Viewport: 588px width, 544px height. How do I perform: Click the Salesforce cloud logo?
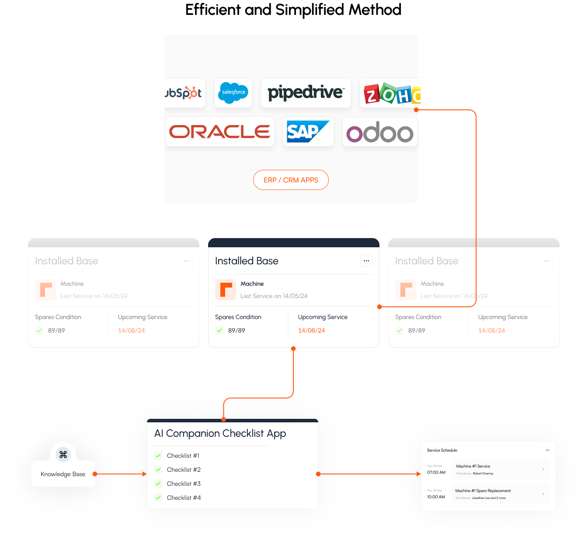coord(233,93)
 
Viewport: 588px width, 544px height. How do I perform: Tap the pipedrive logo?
coord(306,93)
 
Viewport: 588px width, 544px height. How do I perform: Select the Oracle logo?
coord(219,131)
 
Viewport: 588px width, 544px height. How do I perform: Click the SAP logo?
coord(308,131)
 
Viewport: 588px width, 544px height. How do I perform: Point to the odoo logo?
coord(379,132)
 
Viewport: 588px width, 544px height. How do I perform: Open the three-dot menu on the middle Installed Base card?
coord(366,261)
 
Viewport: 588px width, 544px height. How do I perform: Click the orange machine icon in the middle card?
coord(226,290)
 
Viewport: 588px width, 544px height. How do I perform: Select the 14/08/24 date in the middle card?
coord(311,330)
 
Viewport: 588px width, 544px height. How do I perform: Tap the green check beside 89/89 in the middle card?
coord(219,330)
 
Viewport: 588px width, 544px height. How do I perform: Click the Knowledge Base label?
coord(63,474)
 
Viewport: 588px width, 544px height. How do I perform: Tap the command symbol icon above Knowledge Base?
coord(63,455)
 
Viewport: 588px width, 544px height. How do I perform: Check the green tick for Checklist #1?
coord(158,456)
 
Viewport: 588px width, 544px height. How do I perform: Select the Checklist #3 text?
coord(184,484)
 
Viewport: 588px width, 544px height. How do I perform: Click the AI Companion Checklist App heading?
coord(220,433)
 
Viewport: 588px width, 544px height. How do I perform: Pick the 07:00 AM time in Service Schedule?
coord(436,472)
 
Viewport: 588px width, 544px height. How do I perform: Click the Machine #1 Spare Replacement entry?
coord(483,491)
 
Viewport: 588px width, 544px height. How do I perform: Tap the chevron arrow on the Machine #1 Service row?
coord(543,469)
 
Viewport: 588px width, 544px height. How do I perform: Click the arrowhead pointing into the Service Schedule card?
coord(418,474)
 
